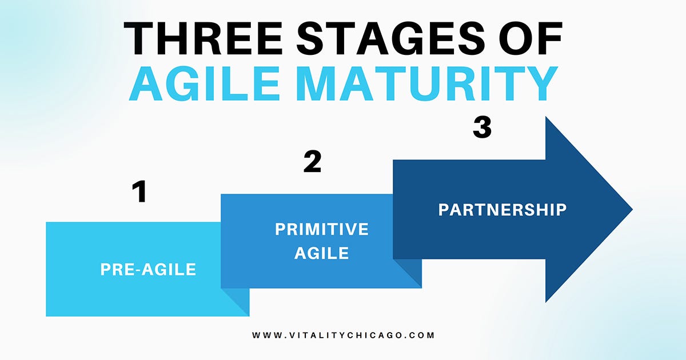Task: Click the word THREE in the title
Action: pyautogui.click(x=203, y=38)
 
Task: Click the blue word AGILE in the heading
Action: pyautogui.click(x=204, y=83)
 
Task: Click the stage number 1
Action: pyautogui.click(x=139, y=191)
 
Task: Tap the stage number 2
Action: pyautogui.click(x=312, y=161)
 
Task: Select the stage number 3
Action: pyautogui.click(x=482, y=128)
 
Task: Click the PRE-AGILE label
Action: pyautogui.click(x=148, y=269)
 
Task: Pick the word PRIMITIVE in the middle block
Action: pyautogui.click(x=321, y=229)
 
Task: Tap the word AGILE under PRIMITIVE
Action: pyautogui.click(x=321, y=253)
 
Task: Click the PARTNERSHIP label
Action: pyautogui.click(x=502, y=210)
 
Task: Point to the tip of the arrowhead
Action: pyautogui.click(x=632, y=210)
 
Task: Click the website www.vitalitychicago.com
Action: pyautogui.click(x=343, y=335)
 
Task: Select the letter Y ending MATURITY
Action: pyautogui.click(x=542, y=83)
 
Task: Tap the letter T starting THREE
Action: pyautogui.click(x=139, y=38)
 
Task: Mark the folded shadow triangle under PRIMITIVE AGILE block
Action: pyautogui.click(x=412, y=269)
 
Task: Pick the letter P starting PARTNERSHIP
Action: pyautogui.click(x=444, y=210)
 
